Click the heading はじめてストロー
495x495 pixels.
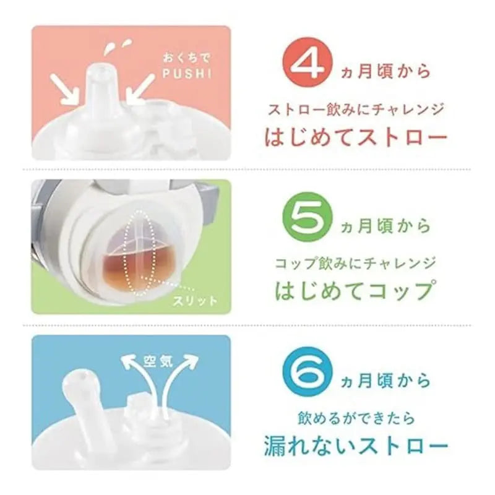click(356, 136)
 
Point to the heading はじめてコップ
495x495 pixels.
click(353, 290)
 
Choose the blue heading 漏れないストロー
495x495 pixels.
click(356, 445)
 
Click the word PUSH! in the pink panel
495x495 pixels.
click(187, 73)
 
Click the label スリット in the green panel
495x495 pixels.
click(196, 300)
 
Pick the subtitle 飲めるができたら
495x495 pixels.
click(356, 419)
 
